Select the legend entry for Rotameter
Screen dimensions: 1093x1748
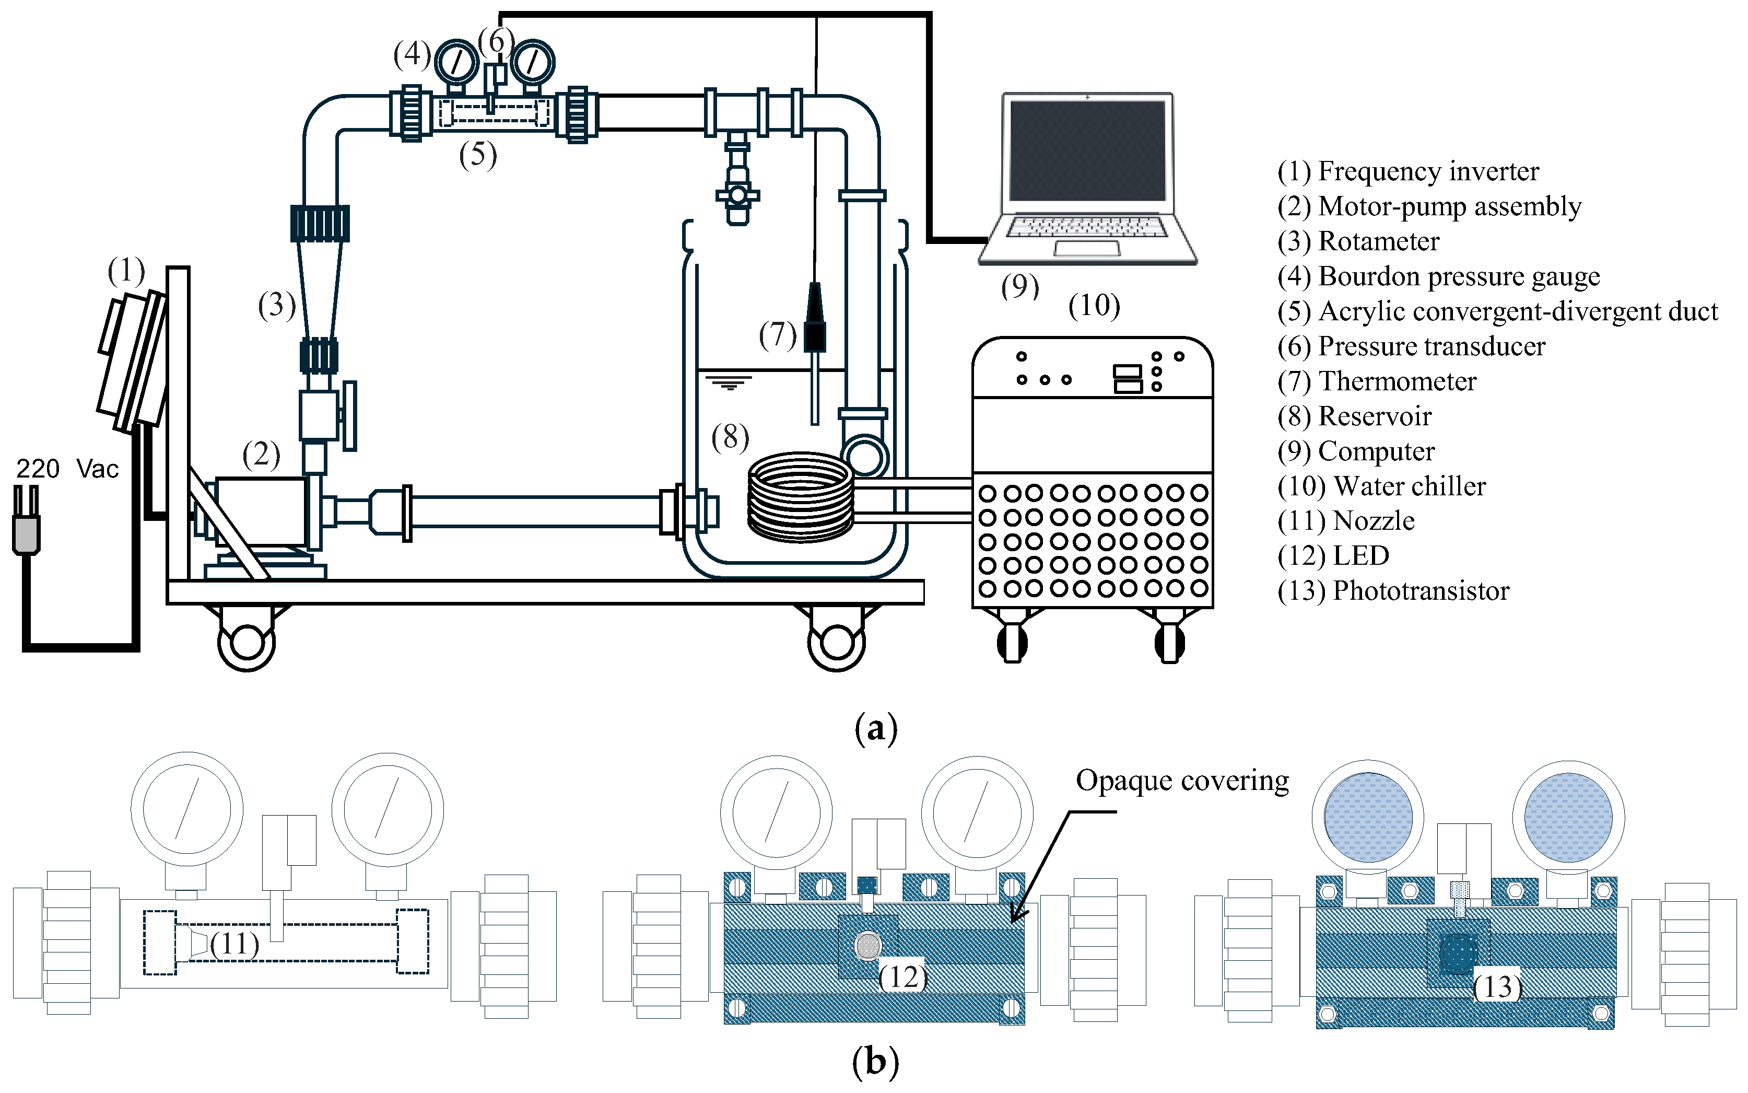(x=1358, y=241)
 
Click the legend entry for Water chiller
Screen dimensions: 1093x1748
(x=1381, y=486)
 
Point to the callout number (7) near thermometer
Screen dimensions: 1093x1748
(x=777, y=335)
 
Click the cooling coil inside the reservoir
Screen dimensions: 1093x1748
(x=800, y=497)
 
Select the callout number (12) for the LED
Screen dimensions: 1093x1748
(x=902, y=978)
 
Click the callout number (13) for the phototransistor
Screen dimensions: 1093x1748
(x=1496, y=987)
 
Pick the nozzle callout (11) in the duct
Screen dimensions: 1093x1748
(x=234, y=944)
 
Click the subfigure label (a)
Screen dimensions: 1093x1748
(x=875, y=727)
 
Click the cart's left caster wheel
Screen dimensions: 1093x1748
(x=247, y=642)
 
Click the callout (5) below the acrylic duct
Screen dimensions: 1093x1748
(x=478, y=155)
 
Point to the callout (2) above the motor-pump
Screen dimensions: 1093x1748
(x=261, y=455)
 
